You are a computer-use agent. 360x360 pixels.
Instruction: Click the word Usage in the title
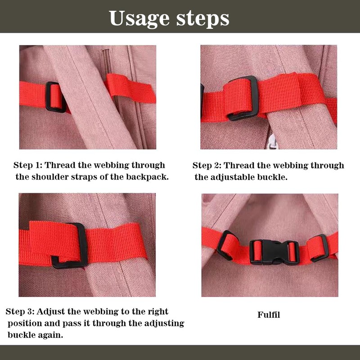pyautogui.click(x=139, y=18)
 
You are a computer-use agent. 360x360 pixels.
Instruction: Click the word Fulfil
pyautogui.click(x=269, y=315)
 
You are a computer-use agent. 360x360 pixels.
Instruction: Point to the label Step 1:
pyautogui.click(x=27, y=165)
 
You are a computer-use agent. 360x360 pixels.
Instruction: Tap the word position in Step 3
pyautogui.click(x=25, y=324)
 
